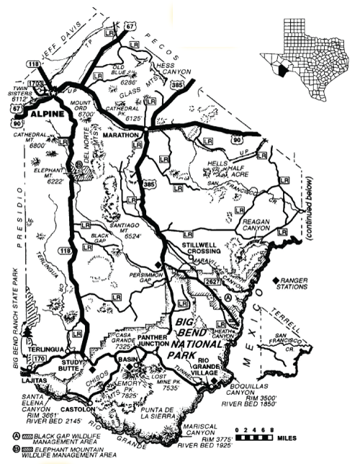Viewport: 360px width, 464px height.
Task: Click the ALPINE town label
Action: coord(42,113)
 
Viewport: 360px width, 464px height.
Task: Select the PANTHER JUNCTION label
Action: coord(152,340)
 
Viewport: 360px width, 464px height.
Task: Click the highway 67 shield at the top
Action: coord(130,27)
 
